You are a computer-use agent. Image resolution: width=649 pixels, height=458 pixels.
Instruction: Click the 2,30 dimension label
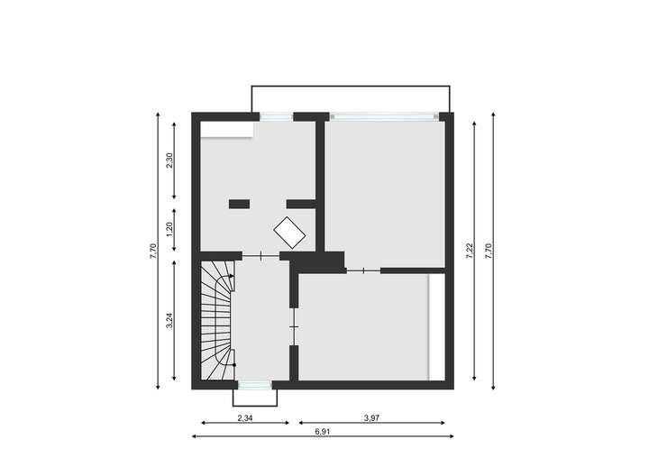point(170,160)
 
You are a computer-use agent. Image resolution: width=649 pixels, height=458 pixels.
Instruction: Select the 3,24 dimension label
point(170,321)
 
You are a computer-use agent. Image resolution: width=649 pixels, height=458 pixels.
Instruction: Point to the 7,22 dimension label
point(470,251)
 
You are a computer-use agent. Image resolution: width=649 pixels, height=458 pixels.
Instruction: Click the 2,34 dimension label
point(243,418)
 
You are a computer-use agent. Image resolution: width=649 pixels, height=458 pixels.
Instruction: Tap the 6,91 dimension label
point(323,433)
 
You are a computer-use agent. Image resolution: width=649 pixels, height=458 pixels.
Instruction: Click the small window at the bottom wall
point(254,385)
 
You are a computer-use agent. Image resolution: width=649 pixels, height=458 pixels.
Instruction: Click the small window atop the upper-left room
point(276,115)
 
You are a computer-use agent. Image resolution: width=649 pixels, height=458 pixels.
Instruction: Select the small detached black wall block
point(239,203)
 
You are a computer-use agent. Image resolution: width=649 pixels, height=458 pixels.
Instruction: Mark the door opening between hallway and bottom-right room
point(293,325)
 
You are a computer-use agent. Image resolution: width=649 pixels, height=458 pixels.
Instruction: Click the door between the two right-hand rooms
point(362,270)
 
